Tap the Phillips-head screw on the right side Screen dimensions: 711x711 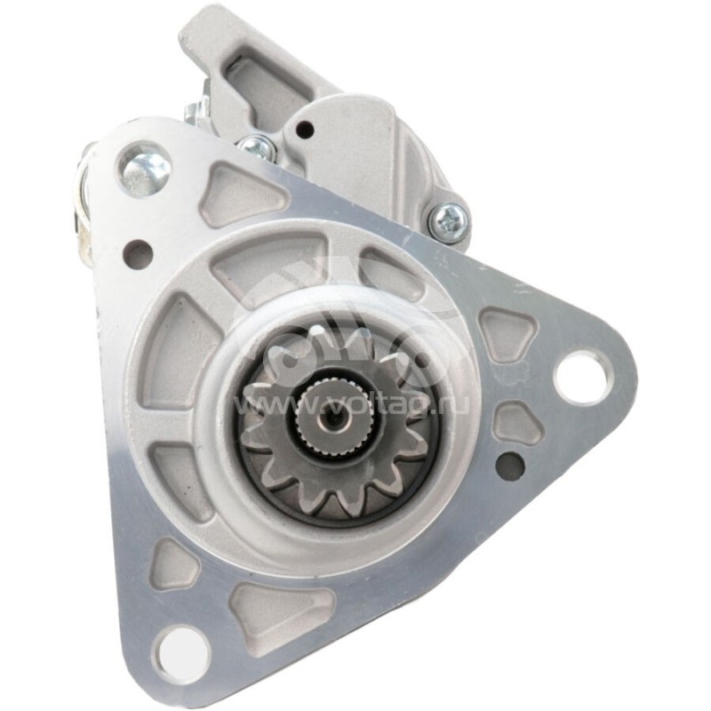448,220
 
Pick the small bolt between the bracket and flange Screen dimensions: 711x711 258,147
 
